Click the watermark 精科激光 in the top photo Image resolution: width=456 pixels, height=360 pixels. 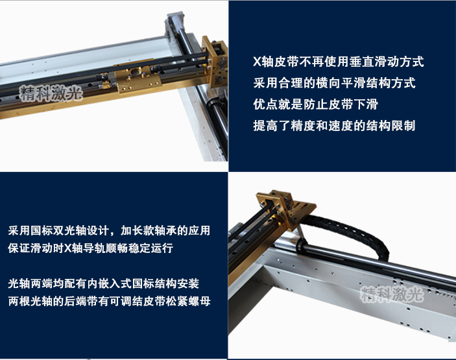point(51,93)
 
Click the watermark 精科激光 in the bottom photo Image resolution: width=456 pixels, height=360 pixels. point(392,294)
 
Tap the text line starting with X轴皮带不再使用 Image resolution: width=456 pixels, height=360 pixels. point(339,62)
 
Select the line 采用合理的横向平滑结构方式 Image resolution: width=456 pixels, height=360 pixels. point(334,83)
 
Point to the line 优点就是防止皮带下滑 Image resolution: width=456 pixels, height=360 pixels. point(315,104)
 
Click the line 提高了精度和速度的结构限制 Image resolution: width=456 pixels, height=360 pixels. point(334,126)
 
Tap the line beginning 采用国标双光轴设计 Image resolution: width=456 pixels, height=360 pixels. point(109,230)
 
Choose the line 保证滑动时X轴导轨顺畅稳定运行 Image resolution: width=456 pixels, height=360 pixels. point(90,248)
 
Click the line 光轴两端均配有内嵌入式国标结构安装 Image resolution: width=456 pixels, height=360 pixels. point(104,283)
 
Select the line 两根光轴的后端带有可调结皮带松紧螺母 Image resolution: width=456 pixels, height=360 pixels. point(109,301)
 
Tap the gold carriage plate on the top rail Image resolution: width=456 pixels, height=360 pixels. point(138,79)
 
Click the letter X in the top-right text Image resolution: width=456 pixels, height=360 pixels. point(257,62)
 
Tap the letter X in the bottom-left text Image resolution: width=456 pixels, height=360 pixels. point(67,248)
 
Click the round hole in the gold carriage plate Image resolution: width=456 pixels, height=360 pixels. point(136,71)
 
